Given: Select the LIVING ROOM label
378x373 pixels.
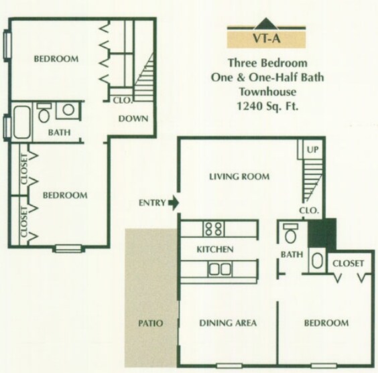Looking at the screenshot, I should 239,177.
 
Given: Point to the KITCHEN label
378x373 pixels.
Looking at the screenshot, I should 214,250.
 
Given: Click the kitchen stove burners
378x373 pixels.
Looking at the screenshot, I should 214,228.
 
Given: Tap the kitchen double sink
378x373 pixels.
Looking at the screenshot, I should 218,269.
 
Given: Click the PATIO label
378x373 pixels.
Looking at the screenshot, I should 150,323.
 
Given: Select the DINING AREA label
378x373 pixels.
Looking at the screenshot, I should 228,323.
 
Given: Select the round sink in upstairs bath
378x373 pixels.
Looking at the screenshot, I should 68,110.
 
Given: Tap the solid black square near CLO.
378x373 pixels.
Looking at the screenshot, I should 321,234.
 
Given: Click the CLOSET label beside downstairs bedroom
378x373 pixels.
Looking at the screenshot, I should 349,263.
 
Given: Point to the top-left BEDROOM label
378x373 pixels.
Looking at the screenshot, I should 56,59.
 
